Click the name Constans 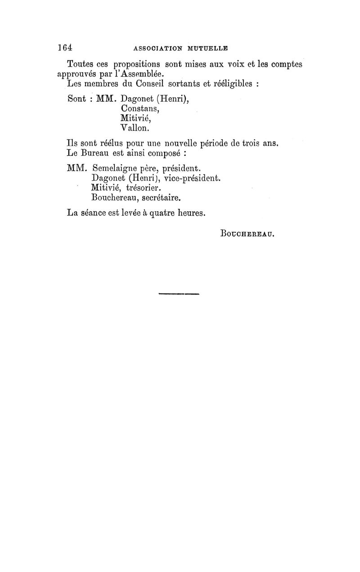coord(140,109)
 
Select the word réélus coord(113,144)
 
